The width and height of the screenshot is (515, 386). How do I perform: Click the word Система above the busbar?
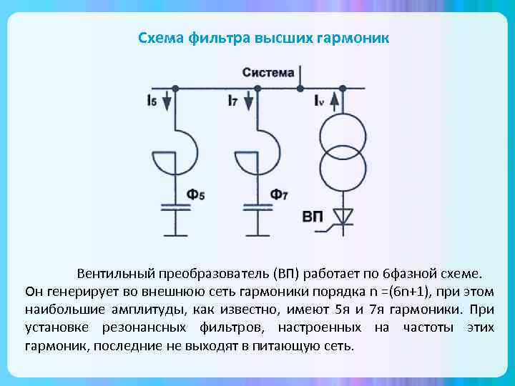(268, 73)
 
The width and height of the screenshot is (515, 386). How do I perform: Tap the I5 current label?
(152, 102)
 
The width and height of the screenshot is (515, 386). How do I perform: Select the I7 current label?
(234, 102)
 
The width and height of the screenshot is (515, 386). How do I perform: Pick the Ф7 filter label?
(279, 194)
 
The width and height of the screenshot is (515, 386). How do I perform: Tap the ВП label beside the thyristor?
(312, 216)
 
